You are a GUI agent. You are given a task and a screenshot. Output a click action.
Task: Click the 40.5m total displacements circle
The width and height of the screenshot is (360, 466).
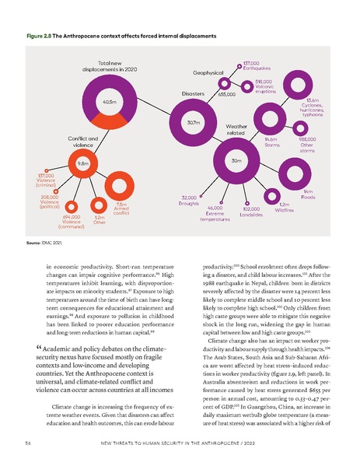pos(109,102)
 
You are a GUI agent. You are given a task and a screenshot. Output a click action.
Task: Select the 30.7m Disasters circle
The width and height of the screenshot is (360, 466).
pos(193,122)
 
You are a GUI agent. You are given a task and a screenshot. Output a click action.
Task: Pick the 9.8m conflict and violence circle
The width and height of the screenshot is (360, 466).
pos(81,164)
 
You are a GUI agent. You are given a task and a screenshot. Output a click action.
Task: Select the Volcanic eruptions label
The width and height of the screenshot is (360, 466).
pos(265,87)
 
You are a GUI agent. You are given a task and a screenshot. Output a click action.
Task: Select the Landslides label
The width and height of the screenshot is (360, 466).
pos(250,212)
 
